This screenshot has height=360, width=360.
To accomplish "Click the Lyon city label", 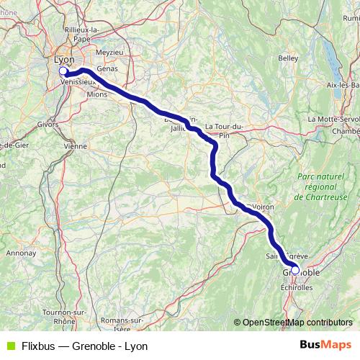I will (x=63, y=60).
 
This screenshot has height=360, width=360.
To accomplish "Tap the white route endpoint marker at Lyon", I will (x=63, y=71).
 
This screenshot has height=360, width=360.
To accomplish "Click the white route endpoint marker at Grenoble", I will (x=295, y=271).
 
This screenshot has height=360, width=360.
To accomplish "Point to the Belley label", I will (x=288, y=58).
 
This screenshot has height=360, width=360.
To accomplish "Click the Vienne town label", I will (x=75, y=145).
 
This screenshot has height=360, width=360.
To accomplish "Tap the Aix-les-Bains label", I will (x=342, y=85).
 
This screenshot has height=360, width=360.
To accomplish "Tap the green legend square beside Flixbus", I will (x=11, y=346).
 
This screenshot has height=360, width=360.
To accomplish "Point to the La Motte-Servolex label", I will (x=333, y=119).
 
